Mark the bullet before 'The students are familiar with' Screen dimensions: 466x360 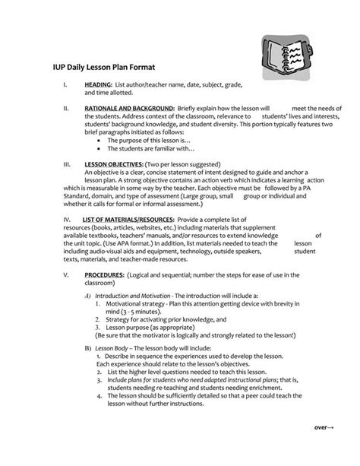[x=100, y=149]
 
